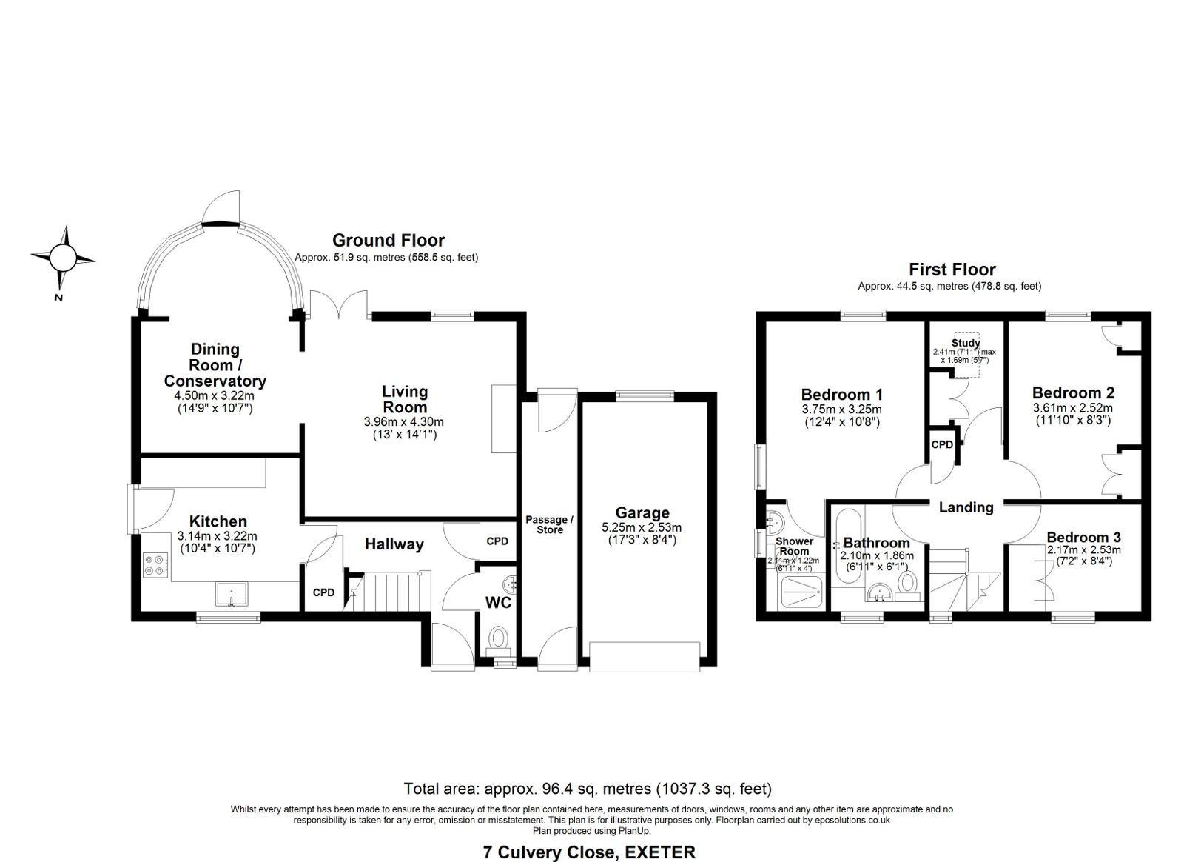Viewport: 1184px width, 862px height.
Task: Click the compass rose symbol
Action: pos(62,258)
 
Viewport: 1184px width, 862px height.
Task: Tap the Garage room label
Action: pos(642,512)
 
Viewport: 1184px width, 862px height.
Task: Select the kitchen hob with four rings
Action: pos(156,565)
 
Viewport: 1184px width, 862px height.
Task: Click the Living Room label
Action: pos(404,399)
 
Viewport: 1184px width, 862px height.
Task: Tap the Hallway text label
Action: pos(394,544)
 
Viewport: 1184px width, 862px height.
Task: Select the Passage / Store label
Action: pos(549,524)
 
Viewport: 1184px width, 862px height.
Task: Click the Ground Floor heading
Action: pos(388,240)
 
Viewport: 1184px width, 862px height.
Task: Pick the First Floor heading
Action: pos(952,270)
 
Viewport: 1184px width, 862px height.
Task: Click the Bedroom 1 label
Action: pos(841,394)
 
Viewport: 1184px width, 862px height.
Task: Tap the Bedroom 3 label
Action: pos(1083,537)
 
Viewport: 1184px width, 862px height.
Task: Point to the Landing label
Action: pos(966,507)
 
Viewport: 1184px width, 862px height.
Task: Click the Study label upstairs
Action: pos(966,343)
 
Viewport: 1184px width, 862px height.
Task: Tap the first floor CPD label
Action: pos(942,445)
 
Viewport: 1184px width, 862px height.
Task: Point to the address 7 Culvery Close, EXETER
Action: pos(589,852)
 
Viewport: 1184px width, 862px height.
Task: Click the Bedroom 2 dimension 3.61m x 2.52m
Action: pos(1072,407)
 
